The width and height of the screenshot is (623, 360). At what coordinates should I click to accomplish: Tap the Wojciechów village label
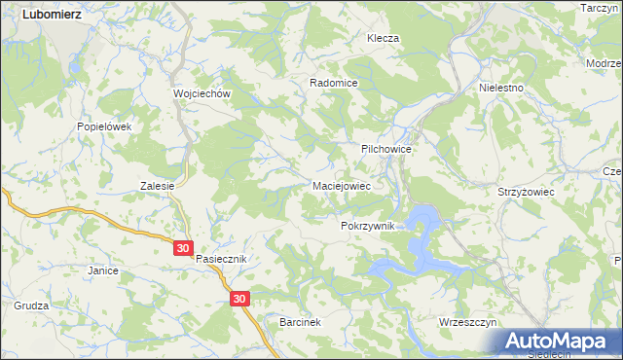[x=201, y=93]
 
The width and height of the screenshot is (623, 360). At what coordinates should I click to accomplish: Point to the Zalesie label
[x=157, y=186]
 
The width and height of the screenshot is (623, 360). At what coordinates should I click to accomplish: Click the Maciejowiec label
[x=340, y=184]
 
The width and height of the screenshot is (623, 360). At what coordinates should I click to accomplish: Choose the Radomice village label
[x=334, y=84]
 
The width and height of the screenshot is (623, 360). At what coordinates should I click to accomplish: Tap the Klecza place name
[x=383, y=38]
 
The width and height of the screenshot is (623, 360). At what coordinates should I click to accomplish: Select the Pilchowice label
[x=387, y=149]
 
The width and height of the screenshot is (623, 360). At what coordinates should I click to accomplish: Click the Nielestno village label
[x=501, y=88]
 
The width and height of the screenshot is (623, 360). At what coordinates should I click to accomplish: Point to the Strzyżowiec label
[x=525, y=193]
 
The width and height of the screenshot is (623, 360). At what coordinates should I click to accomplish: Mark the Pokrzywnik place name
[x=367, y=226]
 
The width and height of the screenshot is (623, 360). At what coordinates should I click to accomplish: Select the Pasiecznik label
[x=223, y=260]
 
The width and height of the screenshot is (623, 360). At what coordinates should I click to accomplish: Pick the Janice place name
[x=102, y=270]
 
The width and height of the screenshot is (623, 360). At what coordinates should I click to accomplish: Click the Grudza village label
[x=31, y=305]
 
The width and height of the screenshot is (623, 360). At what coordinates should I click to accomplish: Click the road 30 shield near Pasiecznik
[x=185, y=249]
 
